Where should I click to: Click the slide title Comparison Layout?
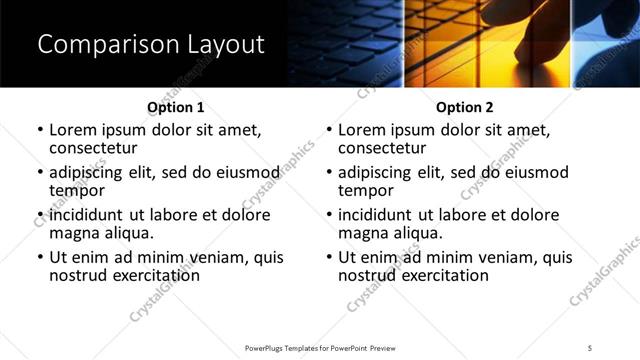coord(150,45)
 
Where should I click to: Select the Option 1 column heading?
coord(175,107)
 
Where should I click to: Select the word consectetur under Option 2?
coord(382,148)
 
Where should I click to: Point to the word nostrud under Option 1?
coord(78,275)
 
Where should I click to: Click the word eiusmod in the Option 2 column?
coord(534,173)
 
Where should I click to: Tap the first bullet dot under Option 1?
coord(39,130)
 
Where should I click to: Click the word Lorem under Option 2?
coord(362,130)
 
